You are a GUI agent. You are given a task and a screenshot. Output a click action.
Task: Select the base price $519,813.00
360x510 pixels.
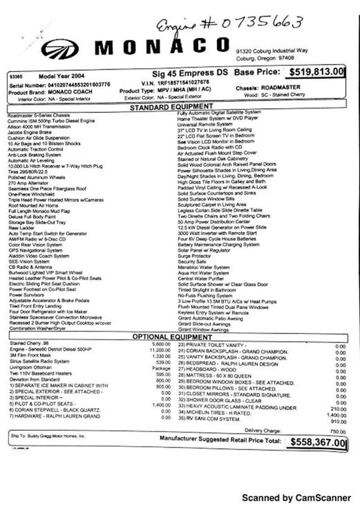click(317, 72)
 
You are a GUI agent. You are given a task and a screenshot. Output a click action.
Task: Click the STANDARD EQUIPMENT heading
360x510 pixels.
click(171, 106)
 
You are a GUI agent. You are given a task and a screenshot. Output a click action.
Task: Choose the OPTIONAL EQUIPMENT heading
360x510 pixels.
click(172, 337)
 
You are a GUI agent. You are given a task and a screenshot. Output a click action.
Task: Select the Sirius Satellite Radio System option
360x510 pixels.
click(39, 361)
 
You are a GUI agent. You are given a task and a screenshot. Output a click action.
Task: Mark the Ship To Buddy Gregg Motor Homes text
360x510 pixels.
click(47, 435)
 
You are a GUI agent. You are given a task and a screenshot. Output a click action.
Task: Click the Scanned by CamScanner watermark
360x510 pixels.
click(296, 497)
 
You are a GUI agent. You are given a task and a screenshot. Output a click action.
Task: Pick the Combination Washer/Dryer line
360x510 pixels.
click(37, 328)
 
